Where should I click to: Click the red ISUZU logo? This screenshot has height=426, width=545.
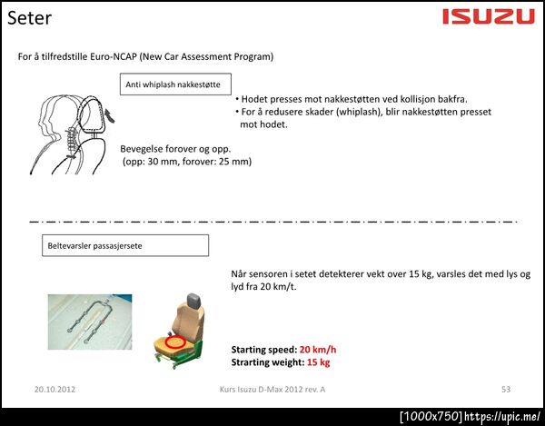tap(489, 16)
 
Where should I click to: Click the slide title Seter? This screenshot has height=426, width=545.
tap(30, 18)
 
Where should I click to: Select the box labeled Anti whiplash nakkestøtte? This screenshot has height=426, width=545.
tap(175, 84)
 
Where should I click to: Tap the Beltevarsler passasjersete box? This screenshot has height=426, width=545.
tap(125, 245)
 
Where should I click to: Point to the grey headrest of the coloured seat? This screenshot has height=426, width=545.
tap(194, 300)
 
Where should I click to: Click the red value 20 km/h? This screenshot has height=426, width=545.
tap(318, 350)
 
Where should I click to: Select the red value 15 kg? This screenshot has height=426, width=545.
tap(319, 362)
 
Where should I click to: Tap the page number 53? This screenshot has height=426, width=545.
tap(506, 389)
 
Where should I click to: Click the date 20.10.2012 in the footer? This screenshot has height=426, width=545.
tap(54, 389)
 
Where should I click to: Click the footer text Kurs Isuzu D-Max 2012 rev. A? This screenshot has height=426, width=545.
tap(272, 389)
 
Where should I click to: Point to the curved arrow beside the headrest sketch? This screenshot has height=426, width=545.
tap(110, 115)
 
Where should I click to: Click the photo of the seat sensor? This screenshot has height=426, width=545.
tap(90, 322)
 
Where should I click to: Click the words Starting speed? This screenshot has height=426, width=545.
tap(263, 350)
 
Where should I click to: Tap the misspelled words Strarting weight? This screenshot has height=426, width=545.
tap(268, 362)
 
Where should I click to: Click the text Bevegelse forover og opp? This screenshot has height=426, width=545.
tap(175, 149)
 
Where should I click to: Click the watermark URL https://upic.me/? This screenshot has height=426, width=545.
tap(503, 416)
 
